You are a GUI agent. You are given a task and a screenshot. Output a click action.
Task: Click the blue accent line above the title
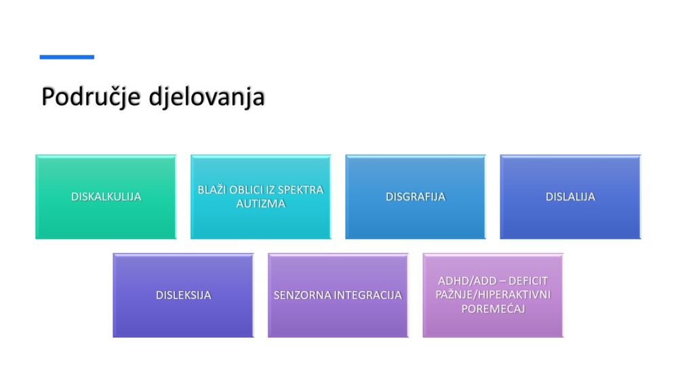(67, 57)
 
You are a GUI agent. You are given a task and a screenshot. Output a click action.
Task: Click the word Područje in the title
(92, 97)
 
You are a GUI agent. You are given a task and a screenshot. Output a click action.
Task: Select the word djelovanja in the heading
(207, 97)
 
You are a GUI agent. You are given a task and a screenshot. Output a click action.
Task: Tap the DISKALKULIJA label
(106, 197)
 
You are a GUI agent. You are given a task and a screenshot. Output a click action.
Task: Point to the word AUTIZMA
(261, 204)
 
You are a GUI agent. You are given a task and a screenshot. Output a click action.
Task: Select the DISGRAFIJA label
(416, 197)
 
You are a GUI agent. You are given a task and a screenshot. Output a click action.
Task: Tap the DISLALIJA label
(570, 197)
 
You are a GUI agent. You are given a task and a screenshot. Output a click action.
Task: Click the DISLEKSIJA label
(183, 295)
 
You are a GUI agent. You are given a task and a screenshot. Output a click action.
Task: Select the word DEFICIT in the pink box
(528, 281)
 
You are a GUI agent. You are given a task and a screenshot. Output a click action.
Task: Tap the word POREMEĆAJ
(493, 309)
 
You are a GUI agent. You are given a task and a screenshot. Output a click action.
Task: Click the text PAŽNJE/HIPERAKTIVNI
(493, 294)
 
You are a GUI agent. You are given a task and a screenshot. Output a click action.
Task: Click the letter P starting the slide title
(47, 97)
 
